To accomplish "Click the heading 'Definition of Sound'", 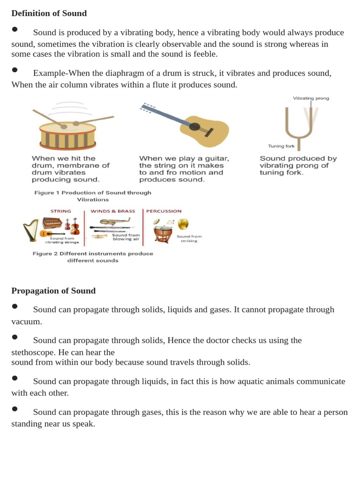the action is coord(49,13).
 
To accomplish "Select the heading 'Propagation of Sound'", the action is coord(53,291).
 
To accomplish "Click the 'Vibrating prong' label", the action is coord(311,98).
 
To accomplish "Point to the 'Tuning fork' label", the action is coord(281,146).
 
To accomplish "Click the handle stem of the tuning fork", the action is coord(299,144).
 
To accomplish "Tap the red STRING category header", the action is coord(60,211).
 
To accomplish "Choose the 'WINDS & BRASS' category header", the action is coord(112,211).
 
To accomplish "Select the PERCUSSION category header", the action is coord(164,211).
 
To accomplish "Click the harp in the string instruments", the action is coord(31,230).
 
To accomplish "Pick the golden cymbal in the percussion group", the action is coord(183,224).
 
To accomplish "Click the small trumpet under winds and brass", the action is coord(99,236).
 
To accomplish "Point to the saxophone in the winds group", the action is coord(115,221).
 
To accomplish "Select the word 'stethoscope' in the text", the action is coord(34,352).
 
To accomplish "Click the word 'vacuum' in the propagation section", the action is coord(26,322).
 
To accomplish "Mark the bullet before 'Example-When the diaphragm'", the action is coord(15,70).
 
